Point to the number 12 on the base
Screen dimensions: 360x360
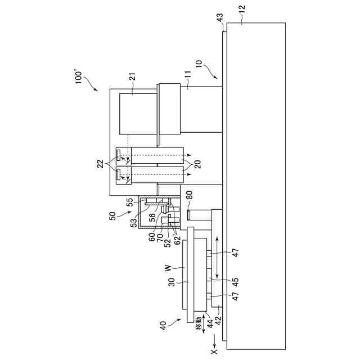tap(242, 10)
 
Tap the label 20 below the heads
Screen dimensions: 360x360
tap(199, 164)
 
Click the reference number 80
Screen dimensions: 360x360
tap(190, 197)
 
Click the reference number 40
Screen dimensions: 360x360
tap(163, 325)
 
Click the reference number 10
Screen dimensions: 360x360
tap(198, 72)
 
